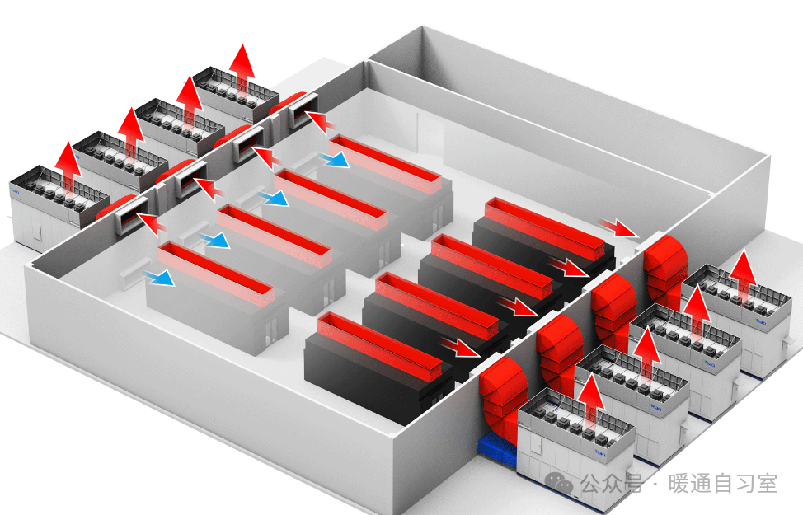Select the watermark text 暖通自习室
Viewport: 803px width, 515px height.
point(722,484)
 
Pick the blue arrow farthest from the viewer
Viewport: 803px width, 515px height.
point(334,158)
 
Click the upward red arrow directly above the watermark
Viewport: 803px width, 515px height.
point(590,396)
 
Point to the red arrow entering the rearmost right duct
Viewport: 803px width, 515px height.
point(618,227)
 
